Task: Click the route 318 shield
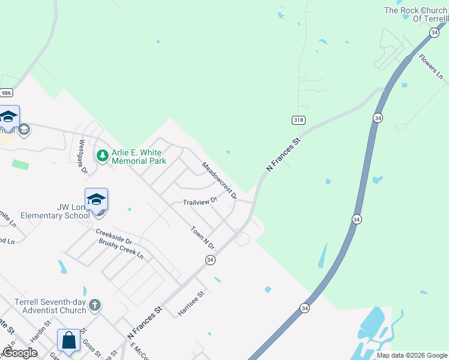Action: (298, 120)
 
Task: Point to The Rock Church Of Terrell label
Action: (416, 14)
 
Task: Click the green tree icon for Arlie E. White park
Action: (103, 156)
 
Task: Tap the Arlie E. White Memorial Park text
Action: (139, 157)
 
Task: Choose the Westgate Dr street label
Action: (83, 157)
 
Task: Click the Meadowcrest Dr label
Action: (219, 180)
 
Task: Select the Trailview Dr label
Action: (200, 202)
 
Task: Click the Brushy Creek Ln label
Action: (121, 249)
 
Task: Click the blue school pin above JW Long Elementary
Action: (96, 200)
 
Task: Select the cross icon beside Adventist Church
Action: (94, 306)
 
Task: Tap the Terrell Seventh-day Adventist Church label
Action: (53, 306)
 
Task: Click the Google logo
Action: (20, 353)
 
